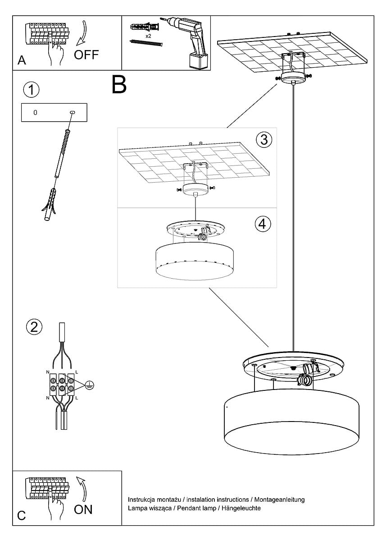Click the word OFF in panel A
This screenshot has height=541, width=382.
[x=86, y=55]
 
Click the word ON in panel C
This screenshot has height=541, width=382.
[x=83, y=509]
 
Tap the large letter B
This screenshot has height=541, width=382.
[x=119, y=85]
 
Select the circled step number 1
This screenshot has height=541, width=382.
[x=31, y=90]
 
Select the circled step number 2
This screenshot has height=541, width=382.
[x=34, y=326]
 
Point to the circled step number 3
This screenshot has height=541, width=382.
[x=264, y=140]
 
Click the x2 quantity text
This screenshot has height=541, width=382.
[x=148, y=35]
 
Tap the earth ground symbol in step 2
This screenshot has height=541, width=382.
[x=90, y=385]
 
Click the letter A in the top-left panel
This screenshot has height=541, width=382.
[x=22, y=60]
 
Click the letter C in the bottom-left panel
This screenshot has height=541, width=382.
[x=21, y=516]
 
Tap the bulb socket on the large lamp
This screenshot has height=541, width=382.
[x=308, y=374]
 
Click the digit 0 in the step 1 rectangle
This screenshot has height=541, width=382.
[x=35, y=112]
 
